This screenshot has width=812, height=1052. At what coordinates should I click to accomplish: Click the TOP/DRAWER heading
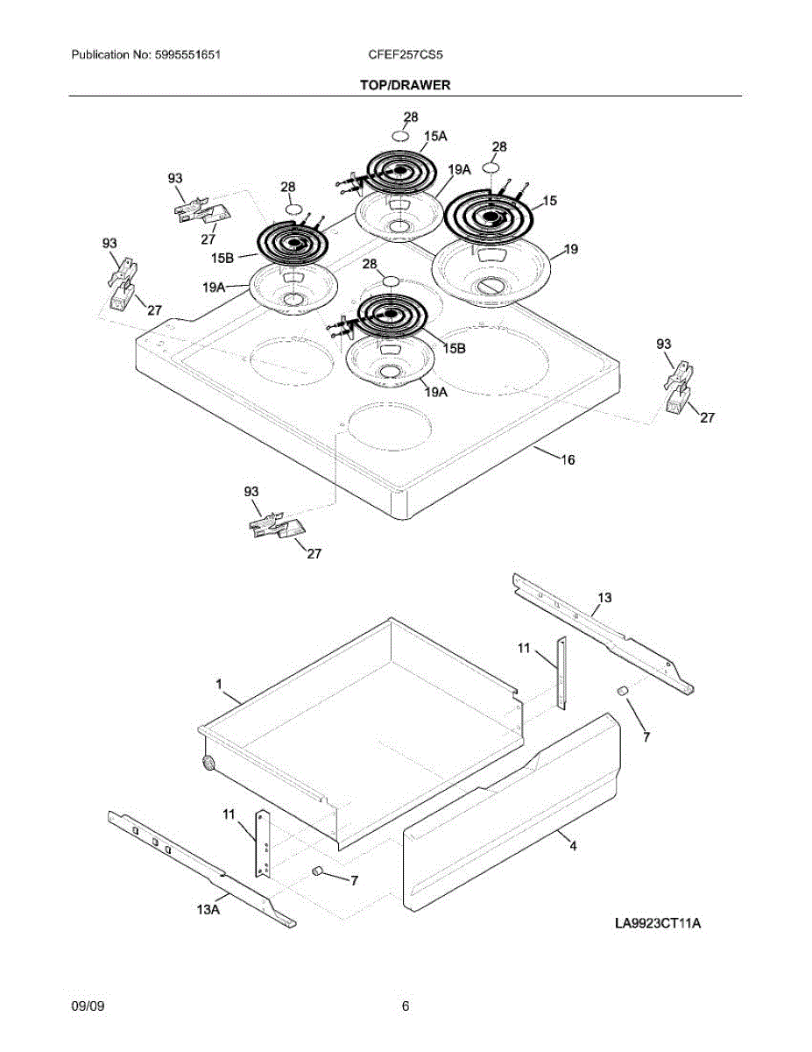coord(405,85)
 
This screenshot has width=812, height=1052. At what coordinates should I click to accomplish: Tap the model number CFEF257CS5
coord(406,54)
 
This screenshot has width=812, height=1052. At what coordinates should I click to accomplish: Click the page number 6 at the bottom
coord(405,1006)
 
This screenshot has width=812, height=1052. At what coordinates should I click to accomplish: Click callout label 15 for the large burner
coord(550,201)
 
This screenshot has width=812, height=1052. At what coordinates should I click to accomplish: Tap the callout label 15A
coord(435,135)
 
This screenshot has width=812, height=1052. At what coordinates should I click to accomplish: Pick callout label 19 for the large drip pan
coord(570,250)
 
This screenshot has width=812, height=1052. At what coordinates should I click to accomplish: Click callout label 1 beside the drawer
coord(219,684)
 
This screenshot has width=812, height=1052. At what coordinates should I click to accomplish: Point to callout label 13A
coord(208,910)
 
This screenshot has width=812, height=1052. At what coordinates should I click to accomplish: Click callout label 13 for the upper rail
coord(604,597)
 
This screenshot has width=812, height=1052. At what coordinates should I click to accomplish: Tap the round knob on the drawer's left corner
coord(208,763)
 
